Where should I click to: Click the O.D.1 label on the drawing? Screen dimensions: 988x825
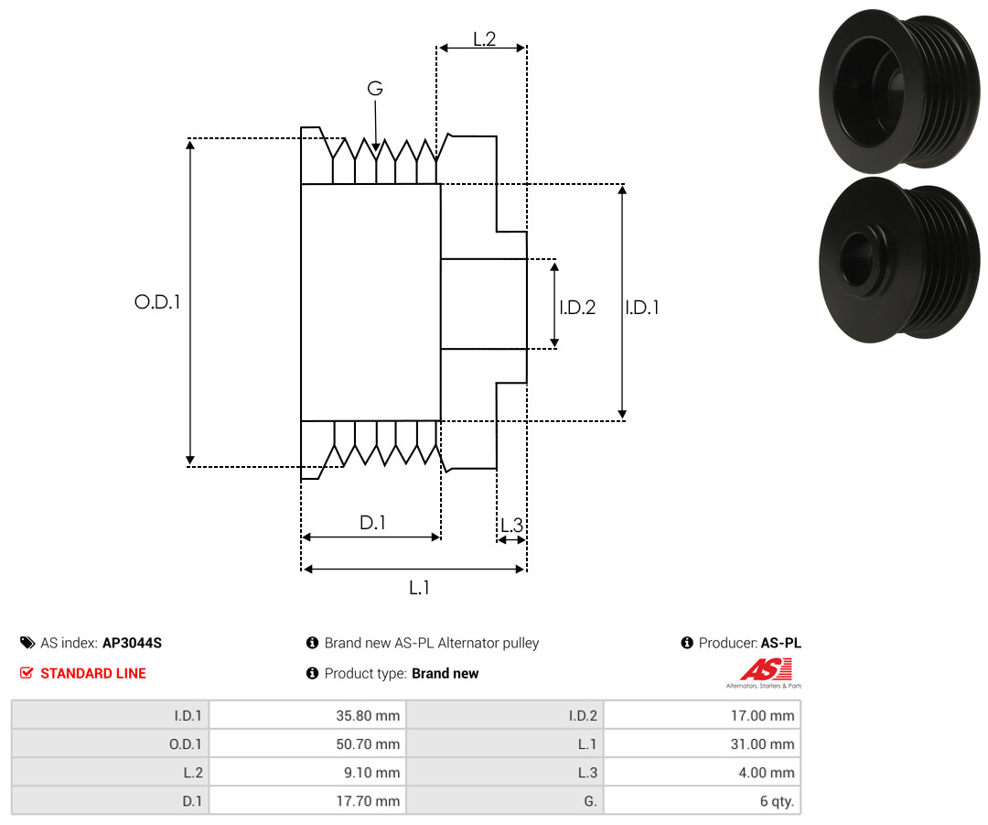(157, 302)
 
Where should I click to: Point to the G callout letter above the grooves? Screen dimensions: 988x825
(375, 88)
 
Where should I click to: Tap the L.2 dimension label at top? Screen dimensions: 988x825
(485, 39)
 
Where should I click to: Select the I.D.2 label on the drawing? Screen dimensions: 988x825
(577, 307)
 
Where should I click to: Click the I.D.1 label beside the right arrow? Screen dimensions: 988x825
(642, 307)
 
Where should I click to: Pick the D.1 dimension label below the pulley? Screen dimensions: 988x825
(372, 522)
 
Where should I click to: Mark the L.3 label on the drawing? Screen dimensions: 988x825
(511, 525)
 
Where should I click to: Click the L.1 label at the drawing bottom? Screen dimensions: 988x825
(419, 588)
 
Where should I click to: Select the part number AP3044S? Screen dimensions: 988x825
(133, 643)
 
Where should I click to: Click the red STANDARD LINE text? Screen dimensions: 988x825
(93, 674)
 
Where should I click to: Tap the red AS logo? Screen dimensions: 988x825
(766, 669)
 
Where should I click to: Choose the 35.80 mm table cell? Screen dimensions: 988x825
(368, 716)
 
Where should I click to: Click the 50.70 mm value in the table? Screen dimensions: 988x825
(368, 744)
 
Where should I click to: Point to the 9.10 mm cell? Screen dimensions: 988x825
(371, 773)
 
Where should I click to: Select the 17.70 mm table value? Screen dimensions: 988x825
(368, 801)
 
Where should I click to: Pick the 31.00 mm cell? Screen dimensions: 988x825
(762, 744)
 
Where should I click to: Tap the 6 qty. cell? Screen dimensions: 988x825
(777, 801)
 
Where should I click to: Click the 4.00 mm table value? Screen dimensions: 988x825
(767, 773)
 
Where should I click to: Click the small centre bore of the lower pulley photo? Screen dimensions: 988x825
(856, 259)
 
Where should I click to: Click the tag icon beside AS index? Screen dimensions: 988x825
(27, 643)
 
